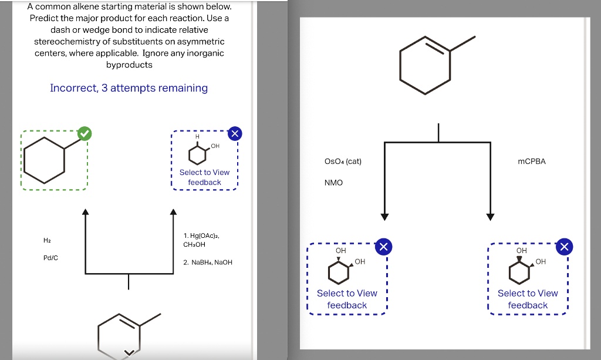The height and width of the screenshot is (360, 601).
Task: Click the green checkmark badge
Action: point(85,134)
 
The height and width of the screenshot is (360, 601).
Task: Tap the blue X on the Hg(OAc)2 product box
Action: point(234,134)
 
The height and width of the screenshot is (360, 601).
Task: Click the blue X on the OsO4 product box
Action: point(383,247)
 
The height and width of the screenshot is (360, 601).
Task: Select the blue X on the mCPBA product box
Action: point(563,247)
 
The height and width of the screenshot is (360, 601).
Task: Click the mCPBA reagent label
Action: point(532,162)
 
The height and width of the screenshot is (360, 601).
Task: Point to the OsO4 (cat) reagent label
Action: point(343,162)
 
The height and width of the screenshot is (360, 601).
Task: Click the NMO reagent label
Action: point(333,183)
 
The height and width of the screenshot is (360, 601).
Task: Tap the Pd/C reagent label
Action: point(50,258)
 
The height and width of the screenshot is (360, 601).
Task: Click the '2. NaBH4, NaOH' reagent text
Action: point(208,263)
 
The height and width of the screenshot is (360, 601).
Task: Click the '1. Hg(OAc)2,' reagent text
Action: point(202,235)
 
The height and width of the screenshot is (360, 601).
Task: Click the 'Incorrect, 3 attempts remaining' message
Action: point(129,88)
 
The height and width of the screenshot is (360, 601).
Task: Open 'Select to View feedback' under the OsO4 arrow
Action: point(347,299)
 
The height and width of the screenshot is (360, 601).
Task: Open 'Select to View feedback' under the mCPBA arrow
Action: point(528,299)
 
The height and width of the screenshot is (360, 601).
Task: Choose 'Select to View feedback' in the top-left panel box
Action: point(204,177)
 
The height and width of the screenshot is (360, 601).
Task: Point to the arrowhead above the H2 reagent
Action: point(85,212)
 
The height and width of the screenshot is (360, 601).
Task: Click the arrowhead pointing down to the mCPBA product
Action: point(490,216)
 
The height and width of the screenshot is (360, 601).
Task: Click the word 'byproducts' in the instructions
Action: point(129,65)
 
